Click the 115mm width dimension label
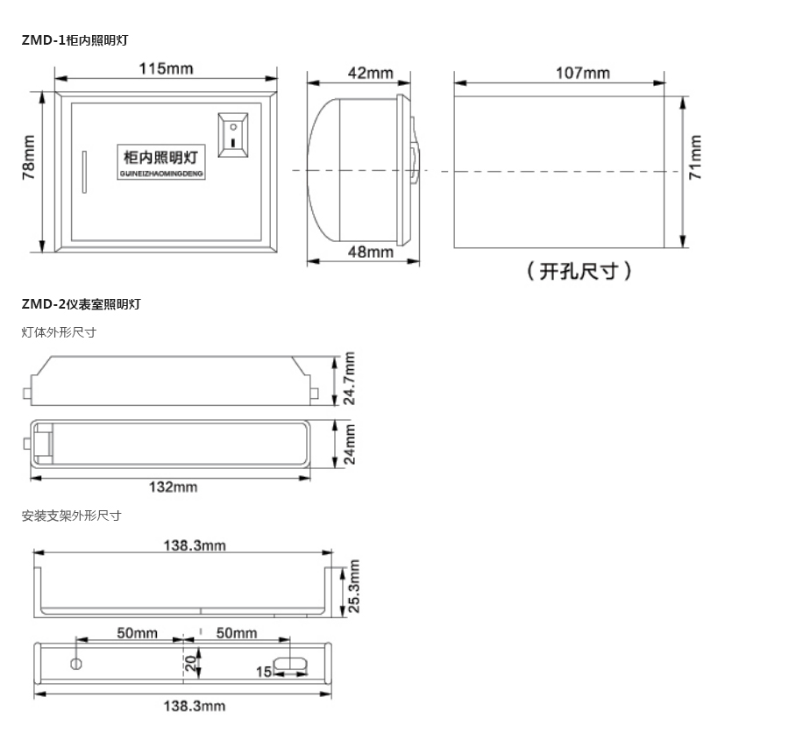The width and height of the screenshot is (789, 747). [166, 68]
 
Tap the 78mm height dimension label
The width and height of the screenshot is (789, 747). [29, 157]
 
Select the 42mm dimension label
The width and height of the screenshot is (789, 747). [370, 73]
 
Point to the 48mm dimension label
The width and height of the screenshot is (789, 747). [371, 252]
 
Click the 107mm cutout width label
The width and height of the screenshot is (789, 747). [583, 73]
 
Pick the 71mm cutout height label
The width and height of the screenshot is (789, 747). [695, 157]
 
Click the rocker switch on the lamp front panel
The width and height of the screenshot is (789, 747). [233, 135]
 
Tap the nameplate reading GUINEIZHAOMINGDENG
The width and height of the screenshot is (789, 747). [161, 161]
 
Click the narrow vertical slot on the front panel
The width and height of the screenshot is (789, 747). [84, 172]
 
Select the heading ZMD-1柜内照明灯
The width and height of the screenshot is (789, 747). [75, 40]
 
